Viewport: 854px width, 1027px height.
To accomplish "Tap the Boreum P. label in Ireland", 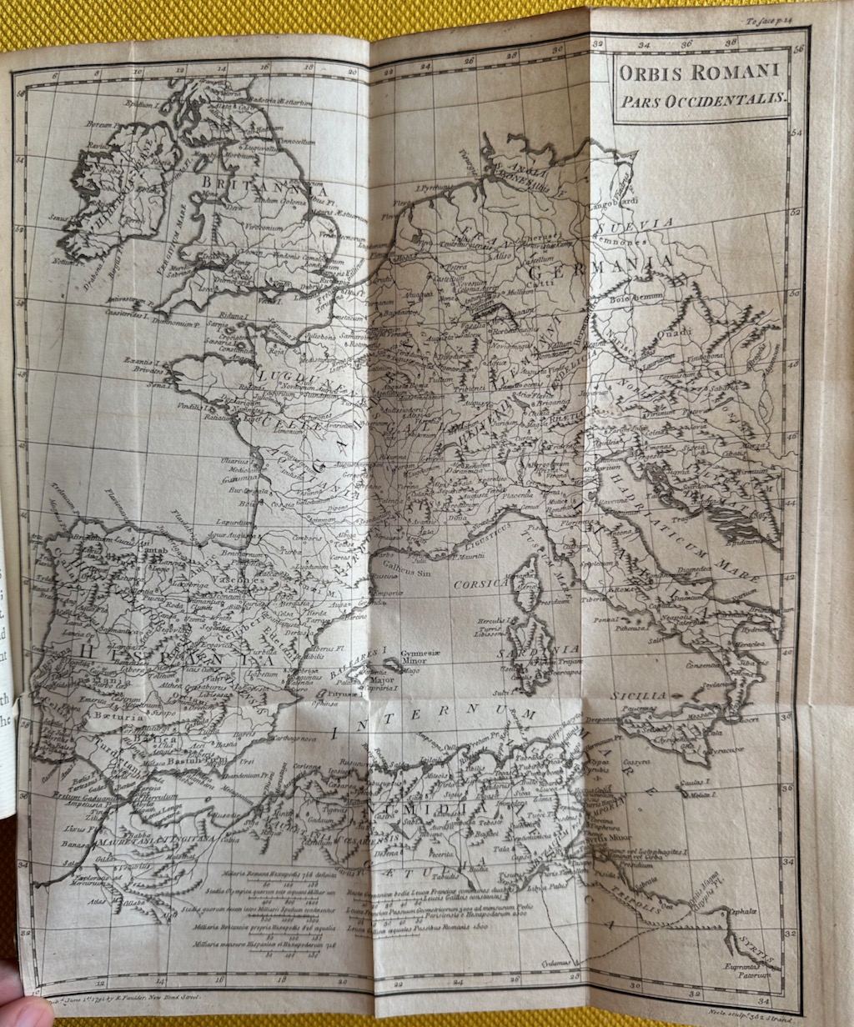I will (x=99, y=123).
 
